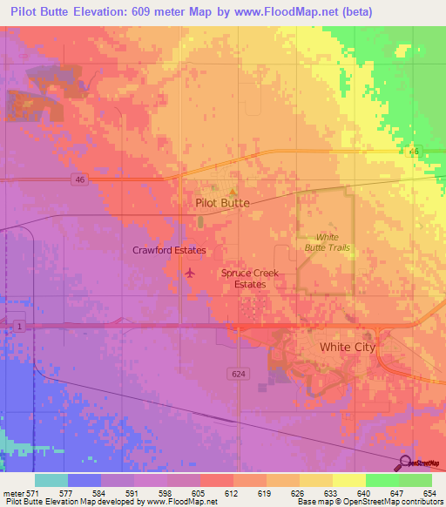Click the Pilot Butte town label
[x=221, y=202]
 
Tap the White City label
[x=347, y=347]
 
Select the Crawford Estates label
[x=169, y=251]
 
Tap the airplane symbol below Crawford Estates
[x=190, y=274]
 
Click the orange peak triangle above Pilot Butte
[x=232, y=191]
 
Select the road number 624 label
[x=240, y=373]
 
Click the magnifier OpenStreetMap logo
[x=403, y=463]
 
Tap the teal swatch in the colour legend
[x=51, y=480]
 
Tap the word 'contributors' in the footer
[x=418, y=501]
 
